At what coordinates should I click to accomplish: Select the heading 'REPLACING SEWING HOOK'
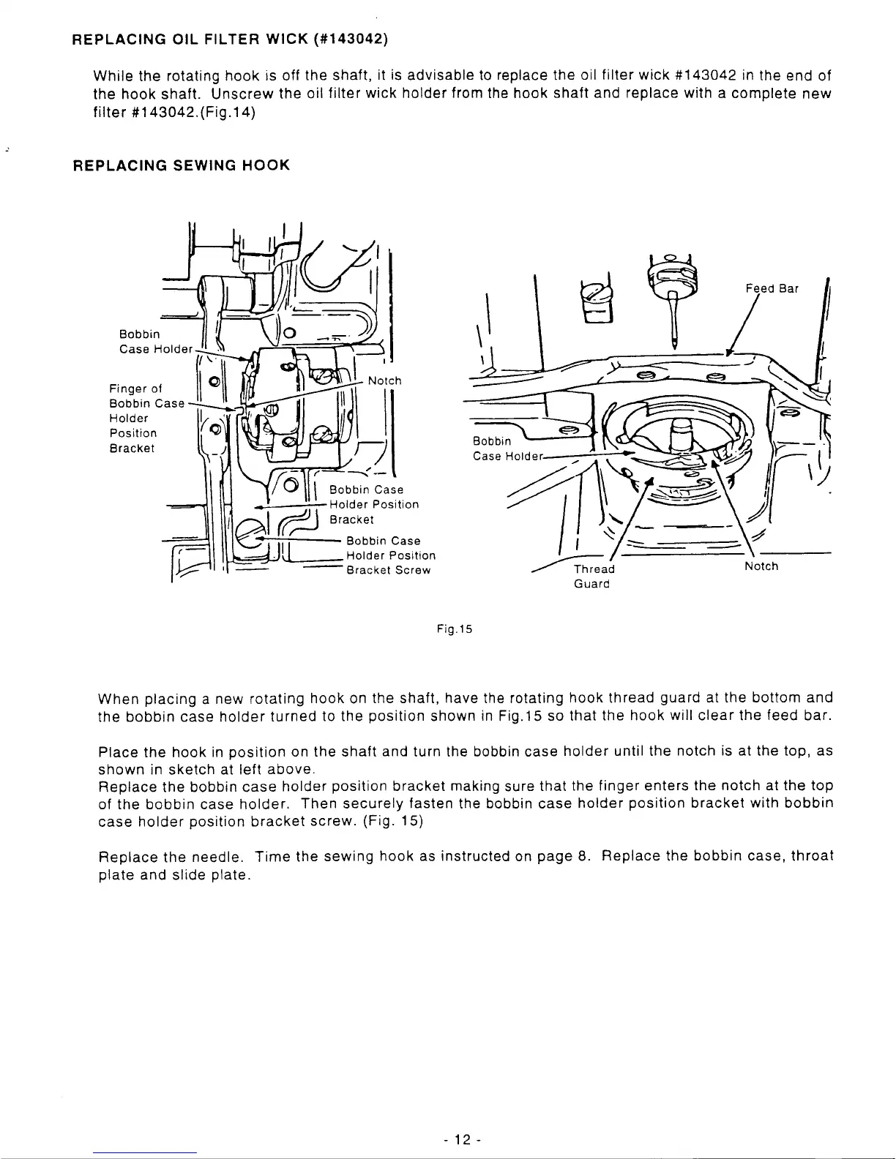(182, 165)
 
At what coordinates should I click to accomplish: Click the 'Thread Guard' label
(594, 576)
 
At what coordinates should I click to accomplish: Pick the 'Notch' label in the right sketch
(761, 566)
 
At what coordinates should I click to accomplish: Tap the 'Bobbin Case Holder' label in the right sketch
(505, 449)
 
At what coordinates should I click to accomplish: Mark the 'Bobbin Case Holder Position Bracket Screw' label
(391, 555)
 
